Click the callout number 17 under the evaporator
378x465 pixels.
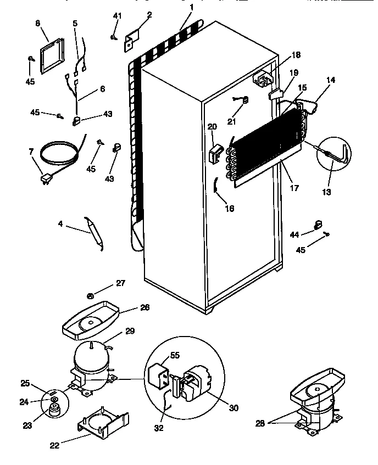tap(294, 188)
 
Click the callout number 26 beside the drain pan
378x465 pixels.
tap(144, 307)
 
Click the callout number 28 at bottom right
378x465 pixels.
tap(260, 423)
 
